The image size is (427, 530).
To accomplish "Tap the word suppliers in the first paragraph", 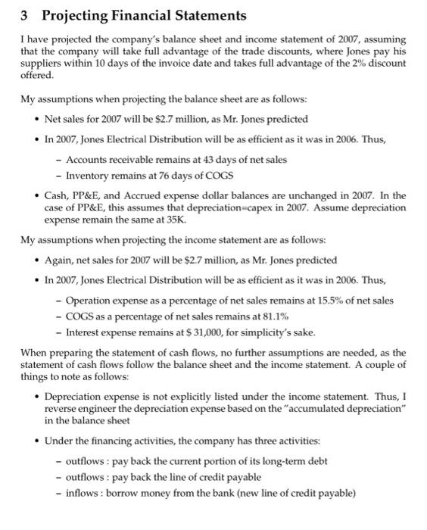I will [x=39, y=64].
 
